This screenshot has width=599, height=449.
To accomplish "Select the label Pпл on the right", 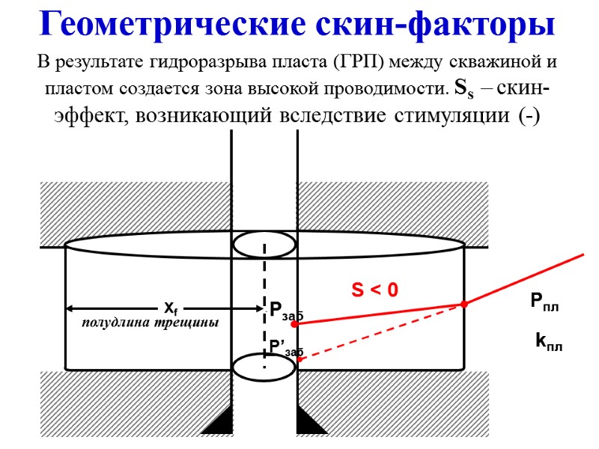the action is click(x=545, y=302).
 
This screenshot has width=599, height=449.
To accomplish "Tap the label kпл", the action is click(x=549, y=343).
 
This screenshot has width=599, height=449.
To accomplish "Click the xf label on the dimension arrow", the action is click(x=171, y=308).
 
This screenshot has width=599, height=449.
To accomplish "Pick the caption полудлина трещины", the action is click(x=150, y=323).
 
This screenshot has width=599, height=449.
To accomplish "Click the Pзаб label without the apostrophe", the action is click(x=285, y=311).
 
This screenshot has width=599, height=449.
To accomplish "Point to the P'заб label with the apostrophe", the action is click(x=285, y=346).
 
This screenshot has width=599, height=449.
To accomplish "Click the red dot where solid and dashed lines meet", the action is click(x=463, y=304).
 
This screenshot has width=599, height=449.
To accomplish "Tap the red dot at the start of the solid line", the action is click(x=298, y=324).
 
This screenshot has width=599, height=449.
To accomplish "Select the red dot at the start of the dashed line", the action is click(x=299, y=359).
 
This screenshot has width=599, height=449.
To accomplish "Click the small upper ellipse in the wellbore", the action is click(x=264, y=245).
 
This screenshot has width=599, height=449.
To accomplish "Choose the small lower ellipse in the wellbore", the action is click(x=264, y=367).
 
